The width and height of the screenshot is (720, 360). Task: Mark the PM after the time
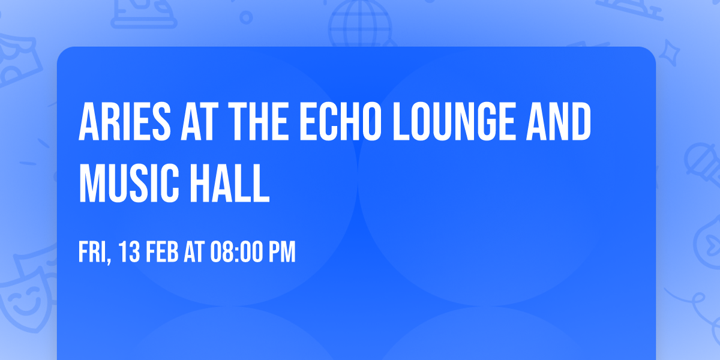[282, 253]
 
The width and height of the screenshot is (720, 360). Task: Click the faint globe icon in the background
[359, 24]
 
